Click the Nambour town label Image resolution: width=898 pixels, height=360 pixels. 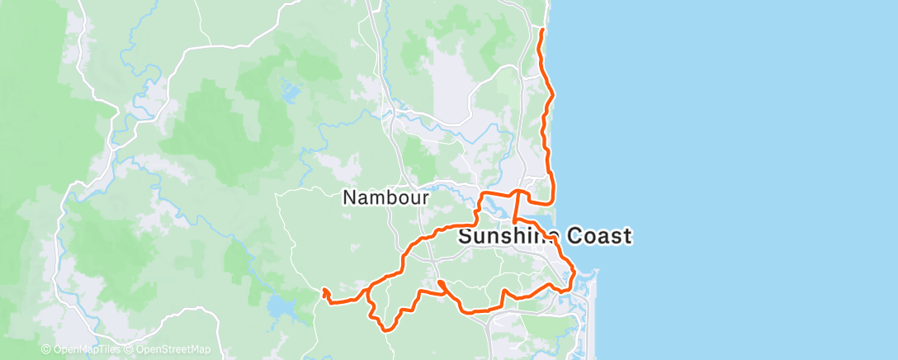tap(385, 198)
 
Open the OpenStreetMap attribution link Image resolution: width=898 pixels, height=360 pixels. tap(172, 350)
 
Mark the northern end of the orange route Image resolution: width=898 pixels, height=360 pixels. tap(541, 30)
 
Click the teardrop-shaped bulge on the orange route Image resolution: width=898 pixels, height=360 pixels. tap(442, 286)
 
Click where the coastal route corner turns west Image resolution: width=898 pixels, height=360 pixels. tap(551, 201)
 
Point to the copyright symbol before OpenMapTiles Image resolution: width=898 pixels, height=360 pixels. tap(46, 350)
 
